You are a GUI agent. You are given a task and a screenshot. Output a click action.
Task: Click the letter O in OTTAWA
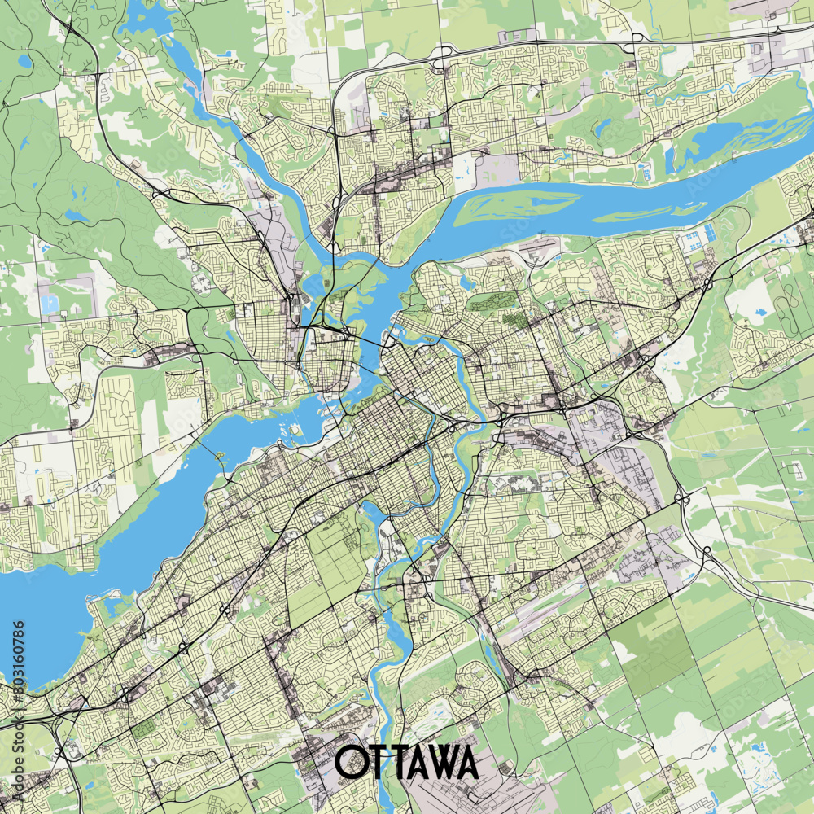[x=352, y=762]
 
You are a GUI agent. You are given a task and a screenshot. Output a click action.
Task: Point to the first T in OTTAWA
[x=379, y=762]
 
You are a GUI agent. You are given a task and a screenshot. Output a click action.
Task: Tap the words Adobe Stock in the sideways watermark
[x=19, y=733]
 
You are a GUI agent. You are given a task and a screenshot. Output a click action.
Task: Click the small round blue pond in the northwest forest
[x=24, y=61]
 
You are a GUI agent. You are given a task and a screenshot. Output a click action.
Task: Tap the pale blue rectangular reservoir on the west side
[x=50, y=304]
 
